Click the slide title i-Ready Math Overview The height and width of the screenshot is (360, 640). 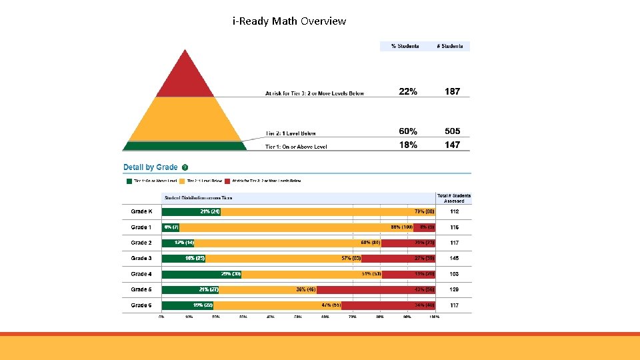point(289,21)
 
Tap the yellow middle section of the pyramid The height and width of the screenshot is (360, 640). point(185,120)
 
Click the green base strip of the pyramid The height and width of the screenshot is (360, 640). point(185,146)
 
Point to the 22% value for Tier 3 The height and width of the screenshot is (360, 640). point(408,91)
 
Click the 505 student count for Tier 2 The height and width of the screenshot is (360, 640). point(452,131)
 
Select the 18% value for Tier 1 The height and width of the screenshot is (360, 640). point(408,145)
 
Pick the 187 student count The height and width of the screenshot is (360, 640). point(452,91)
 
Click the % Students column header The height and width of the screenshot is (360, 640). point(405,46)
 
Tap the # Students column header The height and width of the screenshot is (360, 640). point(451,46)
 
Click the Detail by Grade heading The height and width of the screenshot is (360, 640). point(151,167)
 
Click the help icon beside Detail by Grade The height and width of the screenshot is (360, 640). point(185,167)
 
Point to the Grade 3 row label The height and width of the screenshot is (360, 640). point(141,259)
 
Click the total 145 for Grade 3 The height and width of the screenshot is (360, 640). point(455,259)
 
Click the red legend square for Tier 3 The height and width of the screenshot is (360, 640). point(227,181)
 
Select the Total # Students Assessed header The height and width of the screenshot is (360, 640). point(454,198)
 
